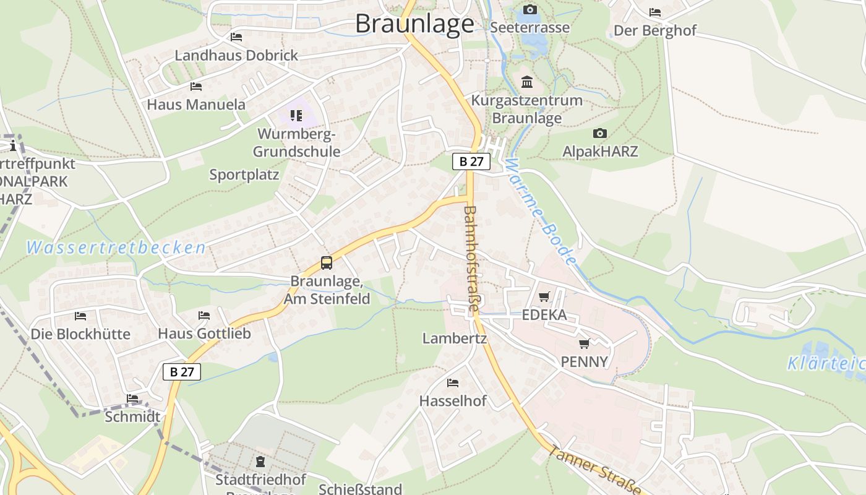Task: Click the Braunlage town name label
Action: coord(414,24)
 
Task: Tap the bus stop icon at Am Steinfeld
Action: coord(327,263)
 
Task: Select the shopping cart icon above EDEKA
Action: coord(544,297)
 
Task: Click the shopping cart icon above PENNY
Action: coord(584,343)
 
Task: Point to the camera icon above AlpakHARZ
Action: coord(599,134)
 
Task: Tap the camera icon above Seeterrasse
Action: coord(529,9)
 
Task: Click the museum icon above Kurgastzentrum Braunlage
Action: coord(527,82)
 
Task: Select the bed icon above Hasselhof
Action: coord(453,383)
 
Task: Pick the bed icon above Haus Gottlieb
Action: coord(204,316)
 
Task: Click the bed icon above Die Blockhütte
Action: coord(80,316)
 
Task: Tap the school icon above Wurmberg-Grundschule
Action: coord(296,116)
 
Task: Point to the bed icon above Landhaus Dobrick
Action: coord(236,37)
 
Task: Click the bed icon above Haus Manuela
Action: coord(196,87)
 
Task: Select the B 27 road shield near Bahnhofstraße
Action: coord(471,161)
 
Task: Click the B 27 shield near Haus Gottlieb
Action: coord(182,372)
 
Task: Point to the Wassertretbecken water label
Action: coord(116,248)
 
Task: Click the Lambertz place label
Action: coord(455,338)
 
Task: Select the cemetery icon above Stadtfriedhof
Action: coord(260,462)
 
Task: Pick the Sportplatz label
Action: coord(244,174)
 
